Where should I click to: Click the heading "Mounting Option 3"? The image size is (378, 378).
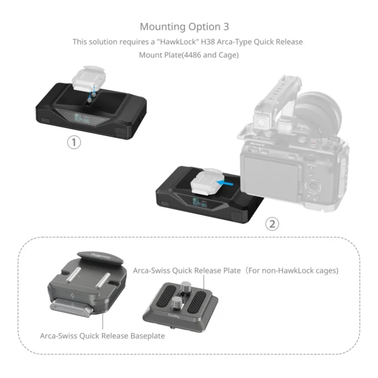pyautogui.click(x=184, y=26)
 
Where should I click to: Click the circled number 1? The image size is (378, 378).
pyautogui.click(x=74, y=142)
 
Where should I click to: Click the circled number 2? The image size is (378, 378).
pyautogui.click(x=272, y=224)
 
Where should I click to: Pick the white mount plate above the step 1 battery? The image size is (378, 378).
pyautogui.click(x=88, y=79)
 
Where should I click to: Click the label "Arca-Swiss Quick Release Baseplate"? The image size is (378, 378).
pyautogui.click(x=102, y=336)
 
